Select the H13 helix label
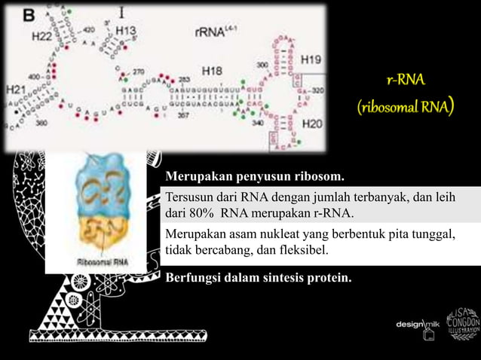[126, 32]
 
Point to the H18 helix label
[212, 71]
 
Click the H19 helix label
[311, 57]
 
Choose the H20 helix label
[311, 123]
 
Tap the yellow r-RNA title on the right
[405, 79]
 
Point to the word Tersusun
[189, 197]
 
